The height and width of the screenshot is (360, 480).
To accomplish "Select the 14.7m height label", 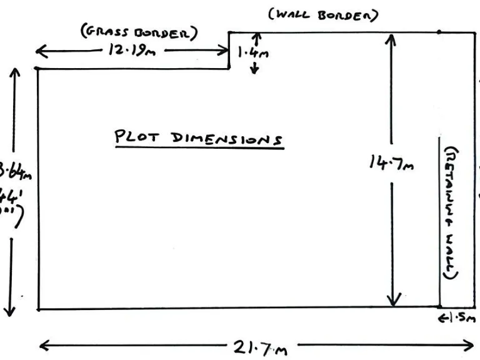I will (391, 163).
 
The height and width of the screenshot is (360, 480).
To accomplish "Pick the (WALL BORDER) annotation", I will (323, 14).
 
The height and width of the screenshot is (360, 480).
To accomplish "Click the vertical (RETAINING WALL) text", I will (450, 212).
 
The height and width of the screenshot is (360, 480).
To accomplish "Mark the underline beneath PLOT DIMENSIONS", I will (199, 147).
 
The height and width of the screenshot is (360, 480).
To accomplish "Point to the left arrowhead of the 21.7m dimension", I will (44, 344).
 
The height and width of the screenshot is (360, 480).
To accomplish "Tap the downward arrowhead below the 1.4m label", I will (254, 70).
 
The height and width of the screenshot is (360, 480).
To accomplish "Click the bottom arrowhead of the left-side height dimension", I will (9, 310).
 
